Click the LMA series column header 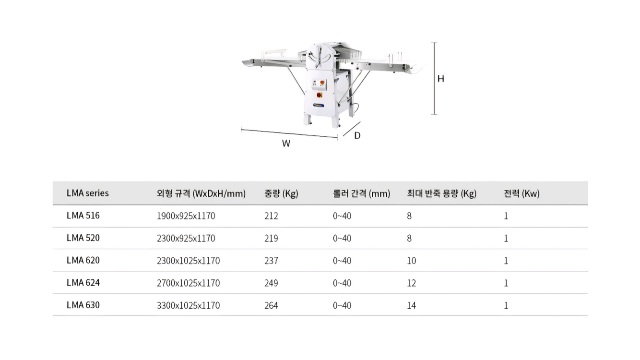tap(88, 193)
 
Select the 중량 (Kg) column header tap(281, 193)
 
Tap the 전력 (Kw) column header tap(521, 193)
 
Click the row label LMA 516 tap(83, 216)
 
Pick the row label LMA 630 tap(83, 305)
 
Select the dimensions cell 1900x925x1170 tap(186, 216)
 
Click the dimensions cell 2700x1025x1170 tap(188, 283)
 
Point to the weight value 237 tap(271, 261)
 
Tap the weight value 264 tap(271, 306)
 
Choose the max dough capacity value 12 tap(412, 283)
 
